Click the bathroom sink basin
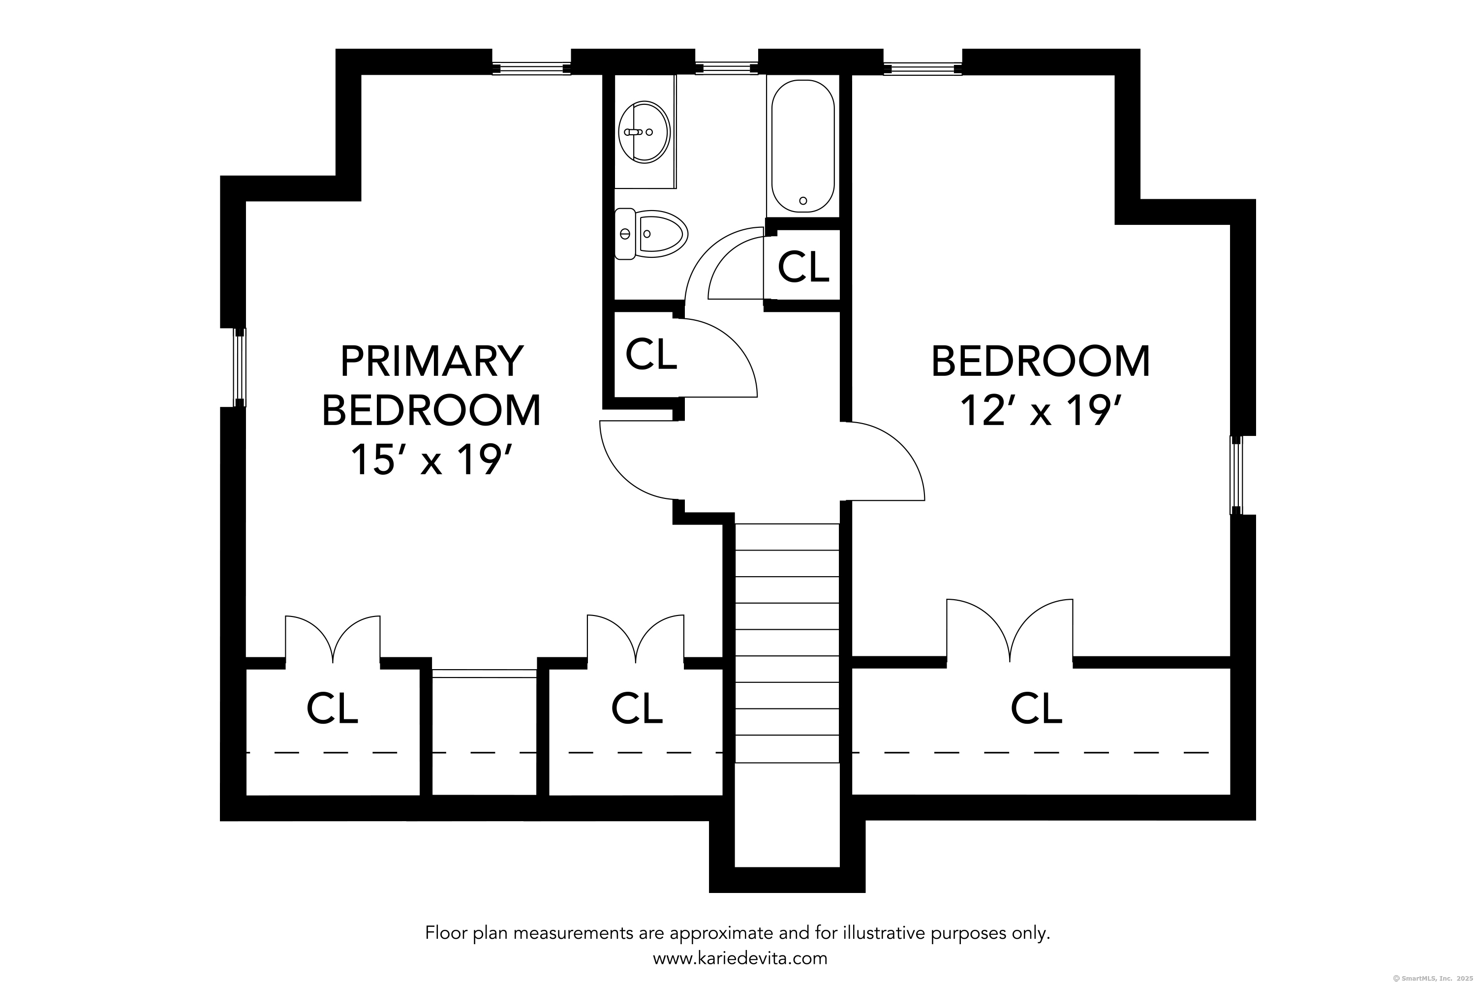point(644,132)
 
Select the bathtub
point(802,146)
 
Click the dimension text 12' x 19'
point(1041,410)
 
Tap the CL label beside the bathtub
point(803,267)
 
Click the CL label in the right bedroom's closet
point(1036,708)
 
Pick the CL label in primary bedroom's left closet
point(332,708)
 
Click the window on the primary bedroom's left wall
point(240,367)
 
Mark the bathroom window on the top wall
point(727,68)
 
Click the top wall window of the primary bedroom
point(531,68)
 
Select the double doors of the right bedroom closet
point(1010,630)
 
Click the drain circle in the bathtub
point(803,201)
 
